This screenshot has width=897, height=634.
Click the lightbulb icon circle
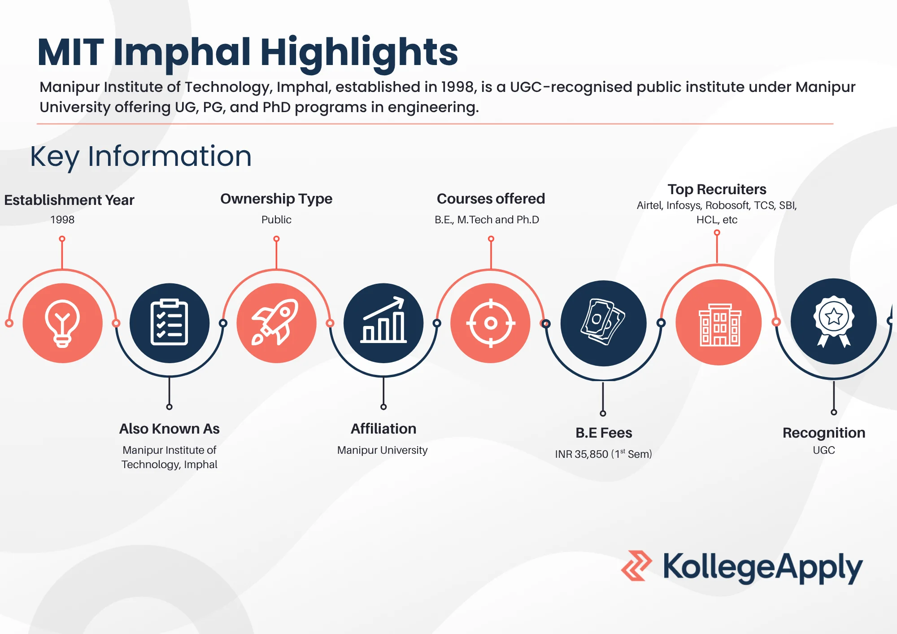[62, 323]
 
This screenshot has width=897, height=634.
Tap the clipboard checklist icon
[169, 323]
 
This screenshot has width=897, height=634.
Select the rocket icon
[276, 323]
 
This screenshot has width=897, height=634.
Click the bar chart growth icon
[383, 323]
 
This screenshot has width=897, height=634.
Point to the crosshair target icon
[491, 323]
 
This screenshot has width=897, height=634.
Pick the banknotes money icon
[603, 323]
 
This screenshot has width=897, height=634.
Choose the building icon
[718, 323]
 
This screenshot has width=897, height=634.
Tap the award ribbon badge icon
[833, 321]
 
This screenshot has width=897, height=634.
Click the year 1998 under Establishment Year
[62, 220]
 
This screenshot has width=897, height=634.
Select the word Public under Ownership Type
[276, 220]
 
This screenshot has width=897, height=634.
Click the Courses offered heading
[491, 199]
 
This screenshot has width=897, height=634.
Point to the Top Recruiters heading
[717, 189]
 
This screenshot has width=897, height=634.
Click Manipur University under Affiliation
[382, 450]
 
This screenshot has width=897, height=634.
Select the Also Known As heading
[169, 429]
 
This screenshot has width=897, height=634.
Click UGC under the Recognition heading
[824, 450]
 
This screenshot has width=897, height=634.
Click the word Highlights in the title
[359, 52]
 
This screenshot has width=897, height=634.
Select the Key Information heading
[141, 156]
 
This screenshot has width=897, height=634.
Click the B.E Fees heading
[604, 433]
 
